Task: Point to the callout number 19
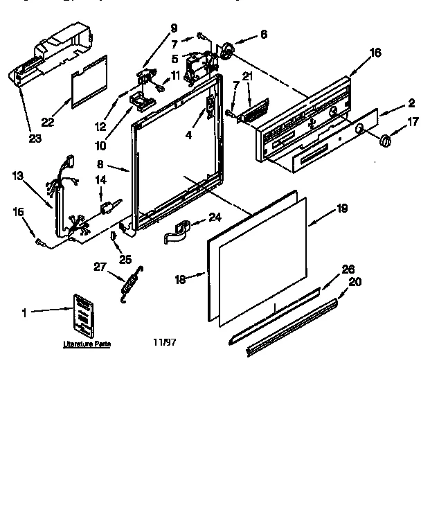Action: tap(342, 207)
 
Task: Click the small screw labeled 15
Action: tap(40, 242)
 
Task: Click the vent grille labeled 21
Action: tap(254, 112)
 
